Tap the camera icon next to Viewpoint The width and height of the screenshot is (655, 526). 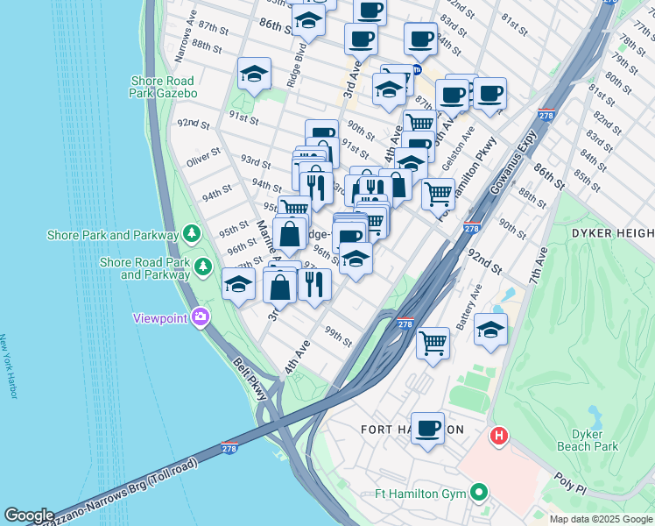coord(201,317)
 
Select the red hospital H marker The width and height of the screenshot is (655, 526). coord(499,435)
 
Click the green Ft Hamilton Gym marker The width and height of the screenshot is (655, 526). coord(479,494)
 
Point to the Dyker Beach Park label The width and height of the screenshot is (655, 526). coord(588,440)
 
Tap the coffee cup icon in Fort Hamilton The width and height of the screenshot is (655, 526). coord(427,429)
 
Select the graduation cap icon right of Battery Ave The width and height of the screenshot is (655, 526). coord(491,330)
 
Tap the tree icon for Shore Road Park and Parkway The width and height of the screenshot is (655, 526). coord(203,265)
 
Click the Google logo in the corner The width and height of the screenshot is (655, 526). coord(29,515)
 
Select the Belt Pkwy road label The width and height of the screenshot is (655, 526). coord(250,379)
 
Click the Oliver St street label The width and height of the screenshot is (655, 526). coord(203,161)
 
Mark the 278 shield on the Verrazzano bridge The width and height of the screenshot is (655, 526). coord(230,447)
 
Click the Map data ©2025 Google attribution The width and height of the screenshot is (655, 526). coord(600,519)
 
